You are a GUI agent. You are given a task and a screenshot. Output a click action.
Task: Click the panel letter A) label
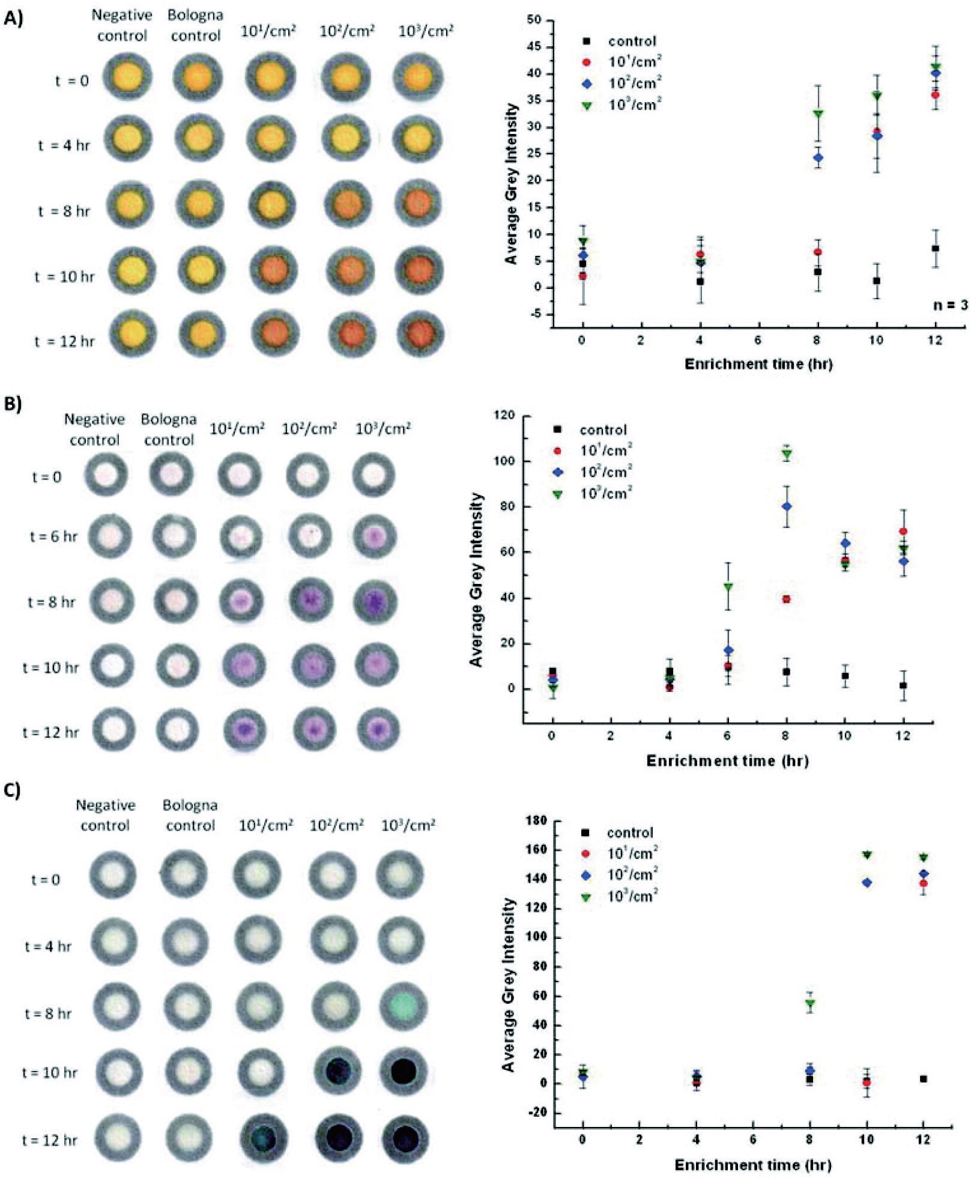pyautogui.click(x=13, y=19)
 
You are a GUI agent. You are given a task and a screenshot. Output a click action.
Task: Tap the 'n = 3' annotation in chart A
pyautogui.click(x=950, y=305)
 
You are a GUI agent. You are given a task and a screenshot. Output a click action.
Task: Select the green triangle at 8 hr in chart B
pyautogui.click(x=786, y=455)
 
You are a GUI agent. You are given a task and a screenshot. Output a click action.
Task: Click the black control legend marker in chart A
pyautogui.click(x=587, y=41)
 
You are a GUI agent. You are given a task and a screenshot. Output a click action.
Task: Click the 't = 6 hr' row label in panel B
pyautogui.click(x=53, y=536)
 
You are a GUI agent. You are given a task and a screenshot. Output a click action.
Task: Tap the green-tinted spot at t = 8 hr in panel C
pyautogui.click(x=404, y=1005)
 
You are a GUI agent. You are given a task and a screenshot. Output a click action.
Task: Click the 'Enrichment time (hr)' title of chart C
pyautogui.click(x=752, y=1165)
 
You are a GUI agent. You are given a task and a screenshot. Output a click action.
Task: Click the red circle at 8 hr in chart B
pyautogui.click(x=786, y=599)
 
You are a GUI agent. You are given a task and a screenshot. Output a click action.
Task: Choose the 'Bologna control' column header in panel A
pyautogui.click(x=195, y=25)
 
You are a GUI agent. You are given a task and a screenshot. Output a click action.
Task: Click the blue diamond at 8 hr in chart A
pyautogui.click(x=818, y=158)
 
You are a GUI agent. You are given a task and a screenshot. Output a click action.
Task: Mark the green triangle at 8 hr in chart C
pyautogui.click(x=809, y=1003)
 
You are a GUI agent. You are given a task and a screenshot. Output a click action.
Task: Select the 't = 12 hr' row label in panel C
pyautogui.click(x=50, y=1140)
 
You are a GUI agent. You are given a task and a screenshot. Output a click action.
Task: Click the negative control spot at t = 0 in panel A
pyautogui.click(x=127, y=77)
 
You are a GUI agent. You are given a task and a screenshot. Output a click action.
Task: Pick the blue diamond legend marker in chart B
pyautogui.click(x=558, y=472)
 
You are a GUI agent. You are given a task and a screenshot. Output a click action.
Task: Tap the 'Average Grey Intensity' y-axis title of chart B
pyautogui.click(x=476, y=580)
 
